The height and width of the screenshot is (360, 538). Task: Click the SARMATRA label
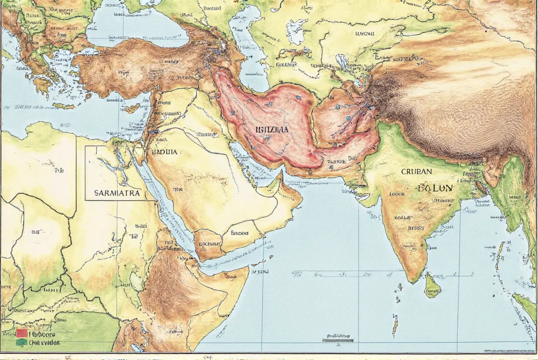point(117,194)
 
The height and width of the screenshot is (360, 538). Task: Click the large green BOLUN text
point(435,188)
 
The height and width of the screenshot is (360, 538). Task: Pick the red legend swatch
point(22,333)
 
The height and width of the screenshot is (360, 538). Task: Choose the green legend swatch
point(22,343)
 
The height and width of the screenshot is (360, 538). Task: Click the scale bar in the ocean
point(337,340)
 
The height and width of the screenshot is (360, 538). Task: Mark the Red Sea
point(165,204)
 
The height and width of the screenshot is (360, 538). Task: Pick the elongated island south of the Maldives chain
point(394,326)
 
